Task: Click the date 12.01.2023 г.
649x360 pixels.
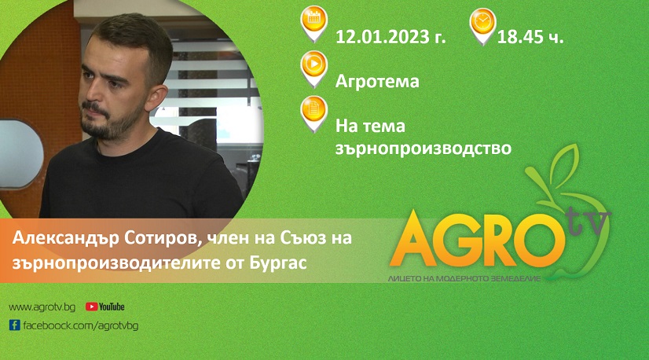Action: click(x=390, y=37)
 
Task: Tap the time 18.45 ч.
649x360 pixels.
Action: click(x=530, y=37)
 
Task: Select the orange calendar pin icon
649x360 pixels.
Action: click(x=314, y=24)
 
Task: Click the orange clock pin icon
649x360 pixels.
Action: click(x=482, y=26)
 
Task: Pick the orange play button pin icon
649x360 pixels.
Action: click(x=314, y=68)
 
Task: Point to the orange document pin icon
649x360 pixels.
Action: click(x=314, y=114)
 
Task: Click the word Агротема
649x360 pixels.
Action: click(x=377, y=81)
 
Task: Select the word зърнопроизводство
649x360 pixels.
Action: click(x=423, y=149)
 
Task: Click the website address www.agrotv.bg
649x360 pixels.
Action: click(x=42, y=307)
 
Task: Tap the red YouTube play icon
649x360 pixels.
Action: click(x=91, y=307)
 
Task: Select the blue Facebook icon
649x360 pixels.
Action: click(x=14, y=325)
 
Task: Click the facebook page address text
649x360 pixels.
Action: click(x=80, y=325)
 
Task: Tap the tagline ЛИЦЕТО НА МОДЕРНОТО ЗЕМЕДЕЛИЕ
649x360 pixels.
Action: click(x=464, y=279)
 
